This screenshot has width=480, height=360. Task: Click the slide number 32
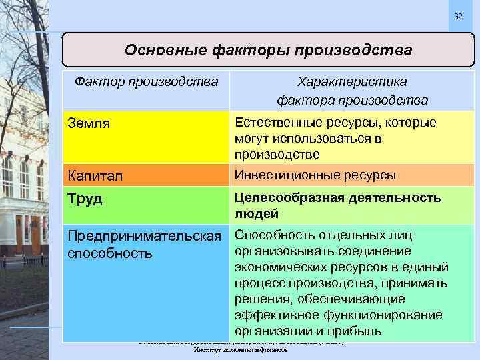[457, 16]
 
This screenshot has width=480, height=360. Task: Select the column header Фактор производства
[147, 81]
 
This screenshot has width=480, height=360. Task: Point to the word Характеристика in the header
[353, 81]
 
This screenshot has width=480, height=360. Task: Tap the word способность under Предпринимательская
[110, 253]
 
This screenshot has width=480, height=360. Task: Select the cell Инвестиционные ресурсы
[315, 175]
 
